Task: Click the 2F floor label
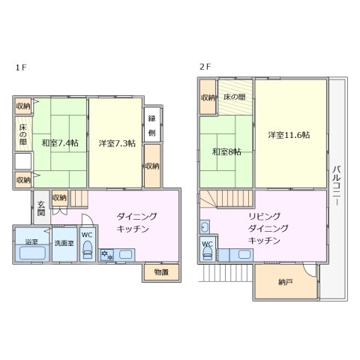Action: tap(204, 67)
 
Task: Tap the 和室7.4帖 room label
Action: tap(60, 142)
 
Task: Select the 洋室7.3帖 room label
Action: tap(116, 142)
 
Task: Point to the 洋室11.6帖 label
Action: tap(289, 135)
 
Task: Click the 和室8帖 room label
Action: tap(226, 151)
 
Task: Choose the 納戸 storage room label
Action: tap(284, 283)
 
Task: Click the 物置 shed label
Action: tap(161, 271)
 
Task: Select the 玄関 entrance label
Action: tap(40, 207)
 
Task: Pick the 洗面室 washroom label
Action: tap(64, 243)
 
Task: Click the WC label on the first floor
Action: tap(87, 235)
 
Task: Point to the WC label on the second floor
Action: tap(208, 244)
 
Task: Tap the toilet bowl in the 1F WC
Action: tap(87, 253)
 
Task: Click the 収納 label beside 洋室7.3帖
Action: tap(151, 166)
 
